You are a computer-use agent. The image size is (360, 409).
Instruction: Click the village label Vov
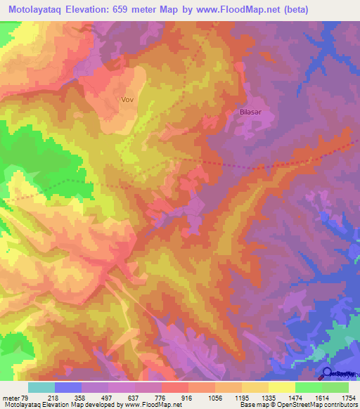pos(127,100)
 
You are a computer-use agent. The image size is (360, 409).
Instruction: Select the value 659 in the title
pos(143,11)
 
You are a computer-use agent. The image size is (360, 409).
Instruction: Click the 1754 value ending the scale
pos(348,397)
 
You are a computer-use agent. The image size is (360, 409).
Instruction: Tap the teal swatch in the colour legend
pos(41,387)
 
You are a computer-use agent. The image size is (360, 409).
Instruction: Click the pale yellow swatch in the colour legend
pos(281,387)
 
